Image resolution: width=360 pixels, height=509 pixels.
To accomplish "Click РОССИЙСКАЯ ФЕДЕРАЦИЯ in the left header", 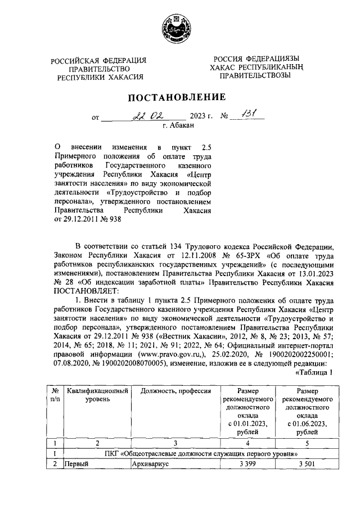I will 99,61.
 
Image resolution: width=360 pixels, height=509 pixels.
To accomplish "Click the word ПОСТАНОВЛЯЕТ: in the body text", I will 84,291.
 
